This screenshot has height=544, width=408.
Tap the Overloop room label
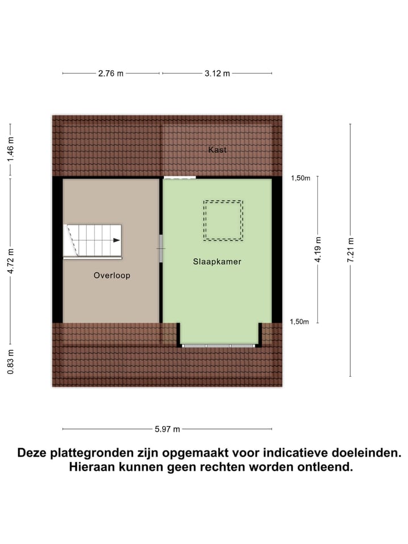112,275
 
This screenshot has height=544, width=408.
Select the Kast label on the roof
218,150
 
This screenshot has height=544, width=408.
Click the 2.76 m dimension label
112,74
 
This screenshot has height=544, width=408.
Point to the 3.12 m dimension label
217,74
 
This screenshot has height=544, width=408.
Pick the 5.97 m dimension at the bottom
167,429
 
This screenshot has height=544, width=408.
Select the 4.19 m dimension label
318,250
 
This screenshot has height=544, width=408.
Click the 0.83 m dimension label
10,362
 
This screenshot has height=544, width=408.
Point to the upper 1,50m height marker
300,178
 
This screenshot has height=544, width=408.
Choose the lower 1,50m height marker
300,322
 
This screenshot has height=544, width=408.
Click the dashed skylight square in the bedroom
223,220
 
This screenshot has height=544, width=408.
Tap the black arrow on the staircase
116,240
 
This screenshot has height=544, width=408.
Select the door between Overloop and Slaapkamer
161,248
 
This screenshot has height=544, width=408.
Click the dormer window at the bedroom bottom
219,345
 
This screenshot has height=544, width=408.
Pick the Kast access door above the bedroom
180,178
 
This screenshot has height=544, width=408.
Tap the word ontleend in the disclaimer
326,467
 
